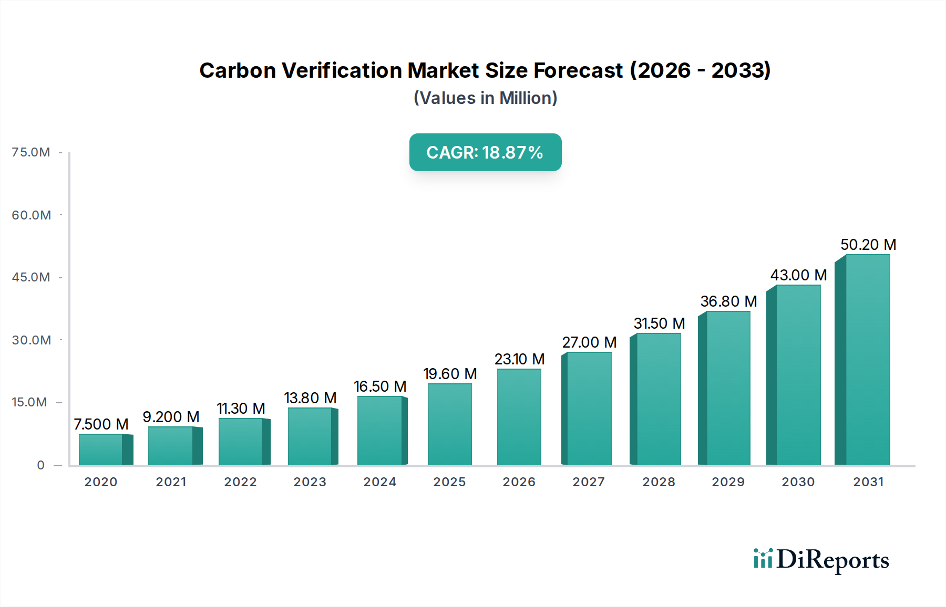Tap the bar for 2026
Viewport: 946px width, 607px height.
519,417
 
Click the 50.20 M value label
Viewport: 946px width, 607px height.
868,245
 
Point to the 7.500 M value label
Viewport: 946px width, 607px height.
101,424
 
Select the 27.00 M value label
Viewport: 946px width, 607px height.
589,342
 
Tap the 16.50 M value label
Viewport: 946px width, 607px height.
380,386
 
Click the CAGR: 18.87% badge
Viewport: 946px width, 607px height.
485,152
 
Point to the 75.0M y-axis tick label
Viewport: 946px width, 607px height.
31,152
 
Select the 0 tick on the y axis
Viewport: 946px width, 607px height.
40,465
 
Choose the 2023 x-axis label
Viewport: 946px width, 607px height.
310,482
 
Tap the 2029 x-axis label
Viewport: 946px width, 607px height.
728,482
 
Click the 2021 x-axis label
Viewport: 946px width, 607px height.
171,482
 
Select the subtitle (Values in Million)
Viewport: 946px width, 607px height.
485,98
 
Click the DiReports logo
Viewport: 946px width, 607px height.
821,560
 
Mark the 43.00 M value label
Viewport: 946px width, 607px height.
798,275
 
